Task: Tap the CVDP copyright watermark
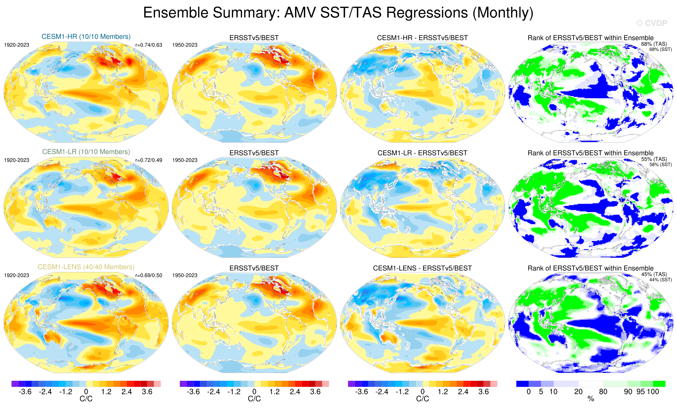(651, 23)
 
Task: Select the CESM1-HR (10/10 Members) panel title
(86, 36)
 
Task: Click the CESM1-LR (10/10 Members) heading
(86, 152)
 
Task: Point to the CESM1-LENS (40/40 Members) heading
(86, 267)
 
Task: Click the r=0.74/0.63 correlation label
(149, 45)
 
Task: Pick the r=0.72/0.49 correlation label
(149, 160)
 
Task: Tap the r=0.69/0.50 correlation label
(149, 275)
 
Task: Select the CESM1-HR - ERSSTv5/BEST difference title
(422, 38)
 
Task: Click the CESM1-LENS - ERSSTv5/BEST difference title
(422, 268)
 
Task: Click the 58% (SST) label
(660, 165)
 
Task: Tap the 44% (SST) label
(660, 280)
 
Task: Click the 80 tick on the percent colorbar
(603, 392)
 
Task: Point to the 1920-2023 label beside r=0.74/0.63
(17, 45)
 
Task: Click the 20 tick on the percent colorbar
(578, 392)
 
